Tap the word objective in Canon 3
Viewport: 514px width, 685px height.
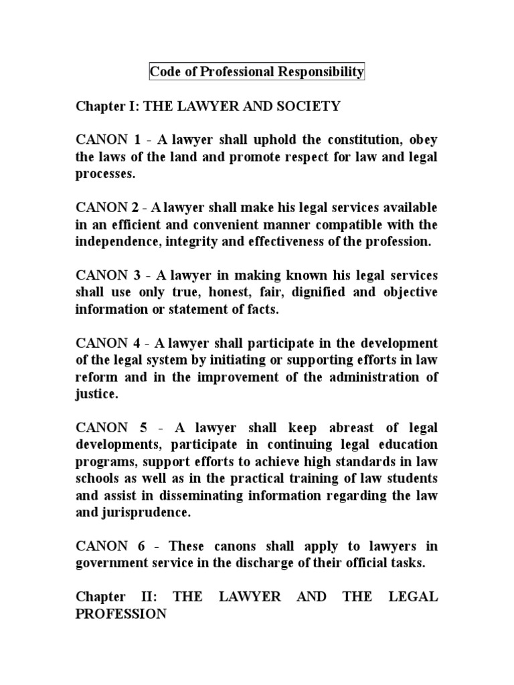click(x=410, y=293)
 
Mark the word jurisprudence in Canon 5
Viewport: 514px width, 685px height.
click(x=149, y=514)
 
